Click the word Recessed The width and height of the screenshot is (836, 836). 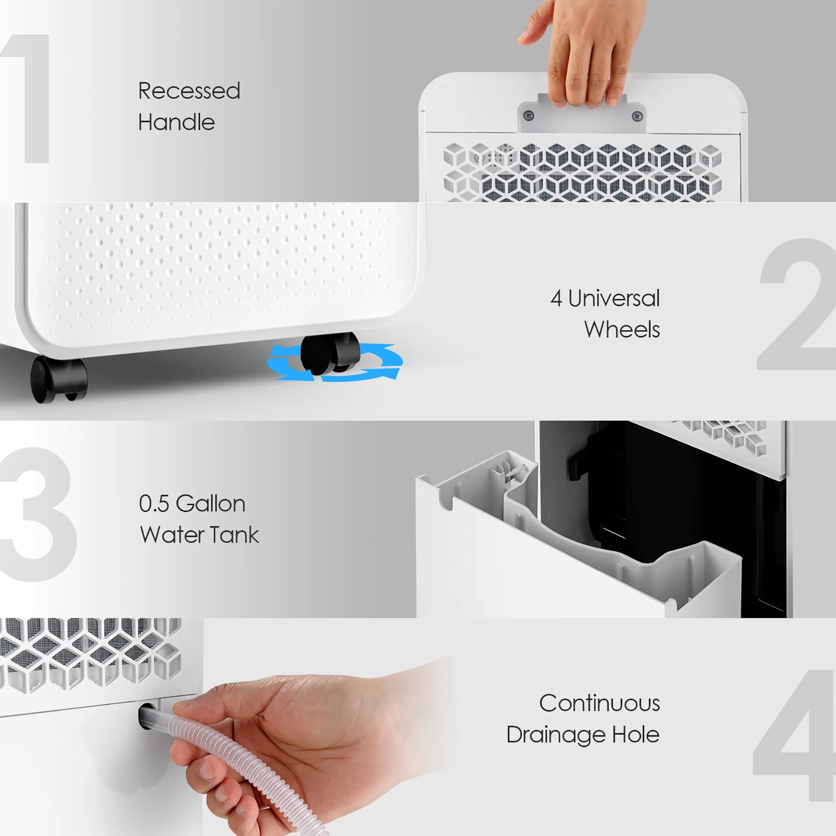click(x=189, y=91)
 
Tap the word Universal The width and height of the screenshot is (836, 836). click(x=614, y=298)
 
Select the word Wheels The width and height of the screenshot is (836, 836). click(x=622, y=329)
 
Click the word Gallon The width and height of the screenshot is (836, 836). click(x=211, y=504)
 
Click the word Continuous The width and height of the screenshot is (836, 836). click(x=599, y=703)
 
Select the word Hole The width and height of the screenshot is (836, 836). click(x=636, y=734)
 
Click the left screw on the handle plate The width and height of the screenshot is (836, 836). click(x=528, y=115)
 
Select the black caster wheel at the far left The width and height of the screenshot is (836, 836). click(x=59, y=380)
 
